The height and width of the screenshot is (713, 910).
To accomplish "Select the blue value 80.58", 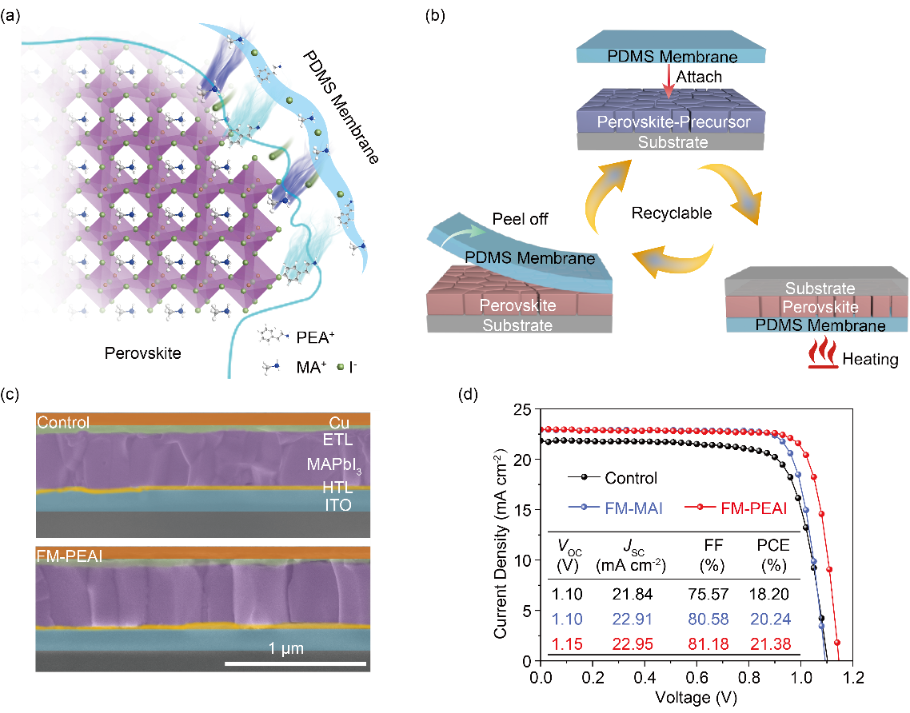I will click(x=708, y=619).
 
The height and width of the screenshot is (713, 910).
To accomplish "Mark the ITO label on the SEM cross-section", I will click(x=336, y=505).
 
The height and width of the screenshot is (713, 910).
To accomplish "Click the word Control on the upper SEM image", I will click(x=63, y=422).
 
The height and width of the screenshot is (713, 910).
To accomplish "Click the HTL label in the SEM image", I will click(x=336, y=488).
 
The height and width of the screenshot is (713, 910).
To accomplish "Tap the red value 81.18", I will click(x=708, y=643).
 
